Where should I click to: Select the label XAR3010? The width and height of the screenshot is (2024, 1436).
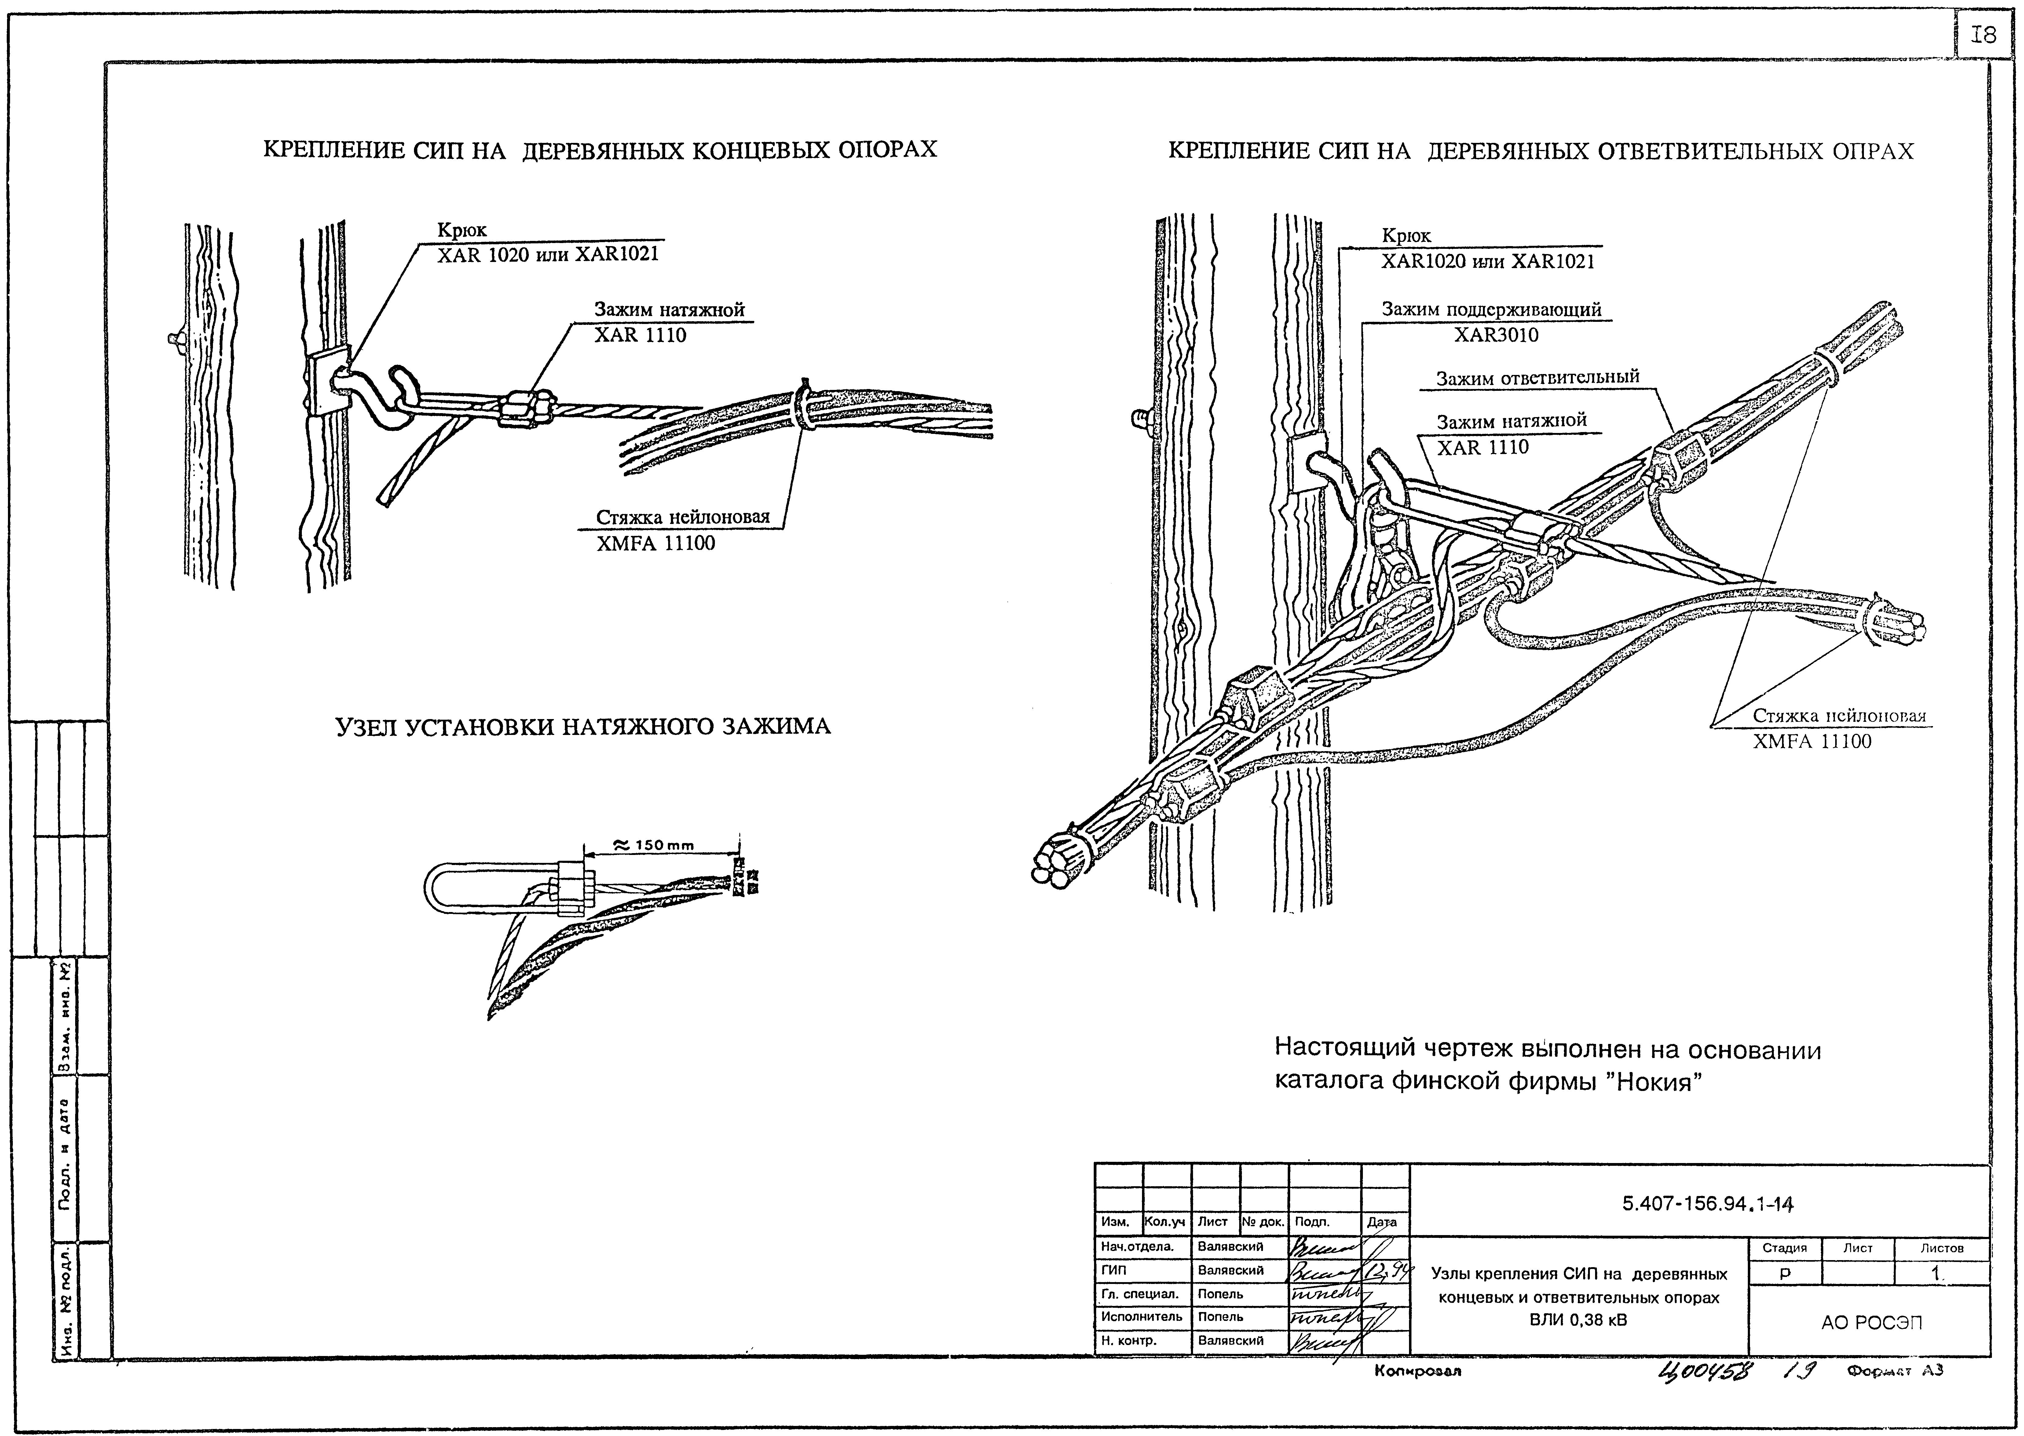(1496, 335)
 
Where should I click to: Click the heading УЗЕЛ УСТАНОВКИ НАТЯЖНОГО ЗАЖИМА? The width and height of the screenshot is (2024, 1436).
(583, 727)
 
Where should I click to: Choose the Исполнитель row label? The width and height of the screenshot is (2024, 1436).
(1141, 1317)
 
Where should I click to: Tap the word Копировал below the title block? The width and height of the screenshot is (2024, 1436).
(1418, 1372)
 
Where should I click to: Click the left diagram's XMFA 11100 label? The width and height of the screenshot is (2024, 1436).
(656, 543)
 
